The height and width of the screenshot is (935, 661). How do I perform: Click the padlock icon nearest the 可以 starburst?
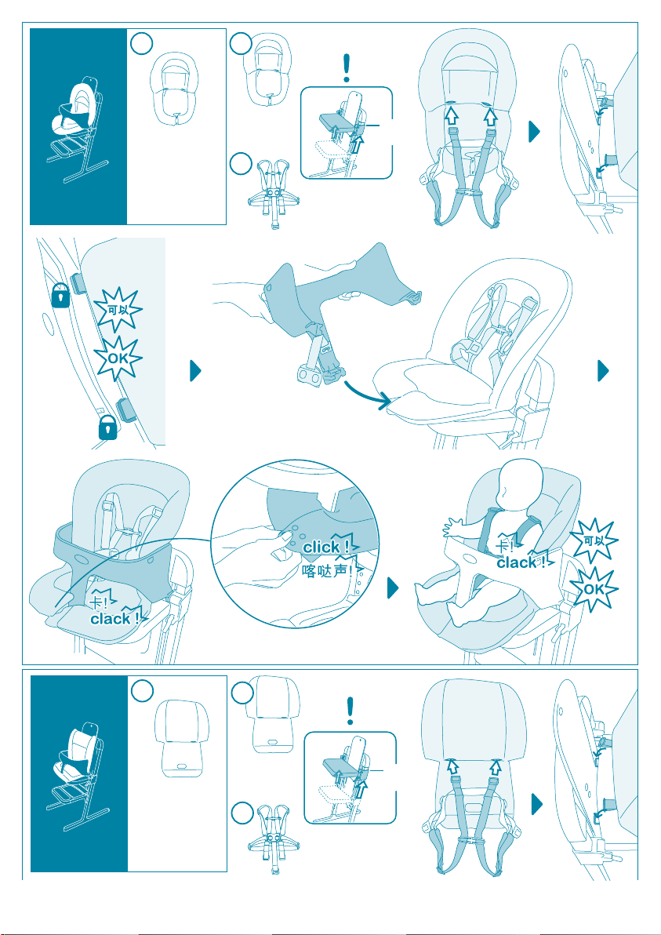tap(61, 295)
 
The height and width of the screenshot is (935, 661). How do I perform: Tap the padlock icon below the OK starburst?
tap(108, 428)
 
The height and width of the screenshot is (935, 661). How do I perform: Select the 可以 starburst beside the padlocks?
tap(118, 310)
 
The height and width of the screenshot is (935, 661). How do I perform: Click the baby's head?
tap(521, 483)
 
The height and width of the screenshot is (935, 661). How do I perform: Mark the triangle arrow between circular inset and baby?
tap(393, 588)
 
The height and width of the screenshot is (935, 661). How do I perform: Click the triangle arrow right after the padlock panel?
tap(196, 372)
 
